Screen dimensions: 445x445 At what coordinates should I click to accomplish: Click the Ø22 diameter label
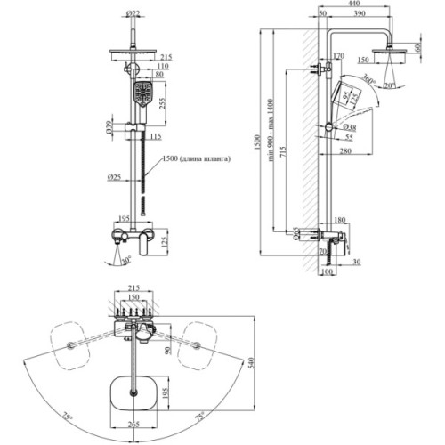(133, 13)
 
